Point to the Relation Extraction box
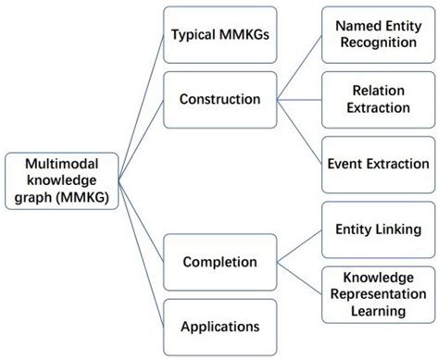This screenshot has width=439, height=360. pos(376,98)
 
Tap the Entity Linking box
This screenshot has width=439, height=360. pos(376,228)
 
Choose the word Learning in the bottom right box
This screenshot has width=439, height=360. pos(376,312)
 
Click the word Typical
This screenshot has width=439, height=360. pos(193,37)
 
